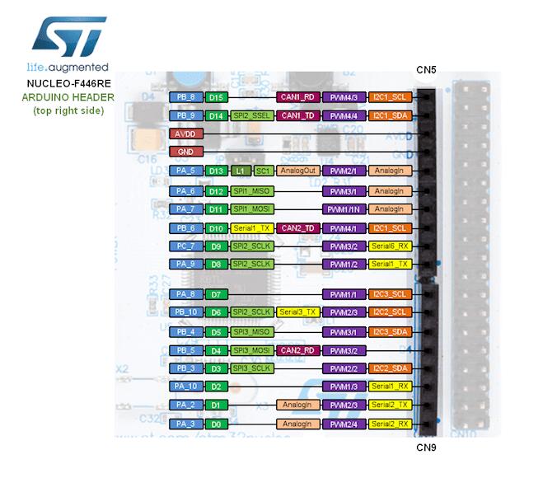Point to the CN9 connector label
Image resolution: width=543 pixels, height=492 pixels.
click(x=425, y=447)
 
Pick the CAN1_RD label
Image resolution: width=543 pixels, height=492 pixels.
click(x=297, y=97)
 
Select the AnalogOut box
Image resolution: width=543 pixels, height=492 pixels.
click(x=297, y=171)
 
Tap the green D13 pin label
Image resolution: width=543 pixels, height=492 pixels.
click(x=216, y=171)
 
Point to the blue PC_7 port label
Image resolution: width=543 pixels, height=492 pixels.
click(x=185, y=246)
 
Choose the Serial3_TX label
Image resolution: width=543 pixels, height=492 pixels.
click(x=297, y=312)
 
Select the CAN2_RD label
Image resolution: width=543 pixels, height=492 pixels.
click(x=297, y=350)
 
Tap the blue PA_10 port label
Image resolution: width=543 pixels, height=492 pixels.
click(x=185, y=387)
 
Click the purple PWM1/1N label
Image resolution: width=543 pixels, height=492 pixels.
click(x=343, y=209)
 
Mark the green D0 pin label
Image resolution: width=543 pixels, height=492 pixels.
click(x=216, y=424)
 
